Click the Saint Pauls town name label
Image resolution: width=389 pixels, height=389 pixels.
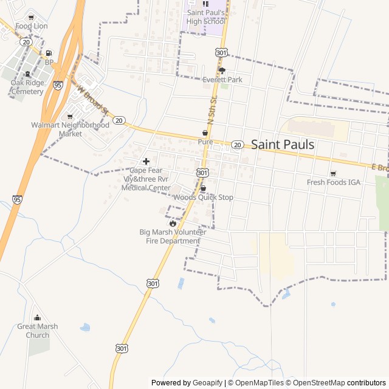[283, 145]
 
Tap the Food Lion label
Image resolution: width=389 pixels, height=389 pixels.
[32, 26]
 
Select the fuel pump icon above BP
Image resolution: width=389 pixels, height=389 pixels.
[49, 53]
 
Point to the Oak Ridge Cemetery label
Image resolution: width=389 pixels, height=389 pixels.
[27, 87]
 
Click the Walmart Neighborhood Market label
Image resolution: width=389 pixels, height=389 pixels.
[71, 129]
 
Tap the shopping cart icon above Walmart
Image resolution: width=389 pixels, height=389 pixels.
[70, 116]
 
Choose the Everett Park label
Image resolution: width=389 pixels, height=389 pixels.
[222, 80]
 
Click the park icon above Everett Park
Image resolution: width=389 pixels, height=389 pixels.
[222, 70]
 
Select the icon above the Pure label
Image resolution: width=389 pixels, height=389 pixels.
[205, 133]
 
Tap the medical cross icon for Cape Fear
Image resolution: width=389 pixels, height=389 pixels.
[146, 161]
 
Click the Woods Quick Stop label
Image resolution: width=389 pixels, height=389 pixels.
[203, 198]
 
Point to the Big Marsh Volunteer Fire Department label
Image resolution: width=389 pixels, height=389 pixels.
[173, 236]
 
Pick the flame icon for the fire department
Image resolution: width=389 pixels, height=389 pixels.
[173, 223]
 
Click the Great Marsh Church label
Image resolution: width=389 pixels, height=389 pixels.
[38, 331]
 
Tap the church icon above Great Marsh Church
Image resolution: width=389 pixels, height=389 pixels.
[38, 317]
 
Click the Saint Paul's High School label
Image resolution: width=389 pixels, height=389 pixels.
[206, 16]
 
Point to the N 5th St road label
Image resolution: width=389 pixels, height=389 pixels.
[211, 110]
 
